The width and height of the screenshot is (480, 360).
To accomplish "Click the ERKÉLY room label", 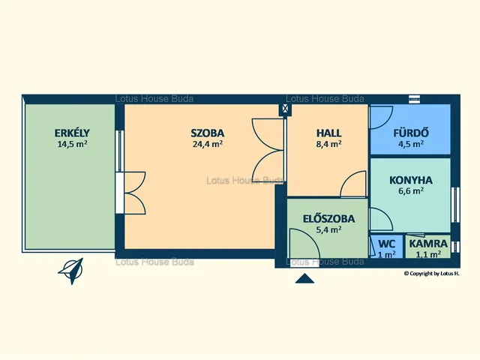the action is tap(72, 133).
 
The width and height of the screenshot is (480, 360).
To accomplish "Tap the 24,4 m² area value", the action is tap(208, 144).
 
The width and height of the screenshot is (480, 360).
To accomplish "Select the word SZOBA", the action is tap(208, 133).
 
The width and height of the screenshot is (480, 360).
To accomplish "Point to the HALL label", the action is tap(328, 133).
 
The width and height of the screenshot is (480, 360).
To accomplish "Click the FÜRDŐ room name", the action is tap(411, 133).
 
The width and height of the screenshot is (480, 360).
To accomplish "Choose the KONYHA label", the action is tap(411, 180).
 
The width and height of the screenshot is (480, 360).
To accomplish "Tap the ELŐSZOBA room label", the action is tap(328, 218).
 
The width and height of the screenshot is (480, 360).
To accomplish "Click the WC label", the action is tap(387, 244).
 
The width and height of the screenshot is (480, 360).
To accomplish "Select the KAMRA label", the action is tap(428, 244).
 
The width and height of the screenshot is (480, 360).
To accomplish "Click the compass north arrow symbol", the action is tap(71, 271).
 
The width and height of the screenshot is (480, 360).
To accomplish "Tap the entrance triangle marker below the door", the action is tap(304, 278).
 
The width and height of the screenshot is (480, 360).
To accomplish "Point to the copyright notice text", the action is tap(432, 274).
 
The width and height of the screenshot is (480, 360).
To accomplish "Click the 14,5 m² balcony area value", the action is tap(72, 144).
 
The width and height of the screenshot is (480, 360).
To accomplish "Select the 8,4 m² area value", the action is tap(328, 144).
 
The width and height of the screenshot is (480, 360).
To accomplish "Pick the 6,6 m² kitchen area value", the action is tap(411, 191).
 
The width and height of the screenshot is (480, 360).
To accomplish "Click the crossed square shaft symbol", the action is tap(285, 108).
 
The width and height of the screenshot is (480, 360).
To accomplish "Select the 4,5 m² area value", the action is tap(411, 144).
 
